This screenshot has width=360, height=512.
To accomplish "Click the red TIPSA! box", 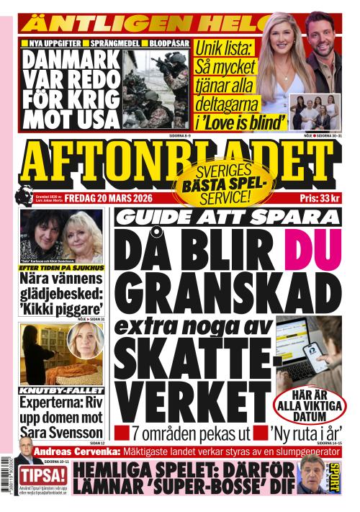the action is point(42,476).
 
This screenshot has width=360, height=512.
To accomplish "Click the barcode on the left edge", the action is point(8,469).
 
